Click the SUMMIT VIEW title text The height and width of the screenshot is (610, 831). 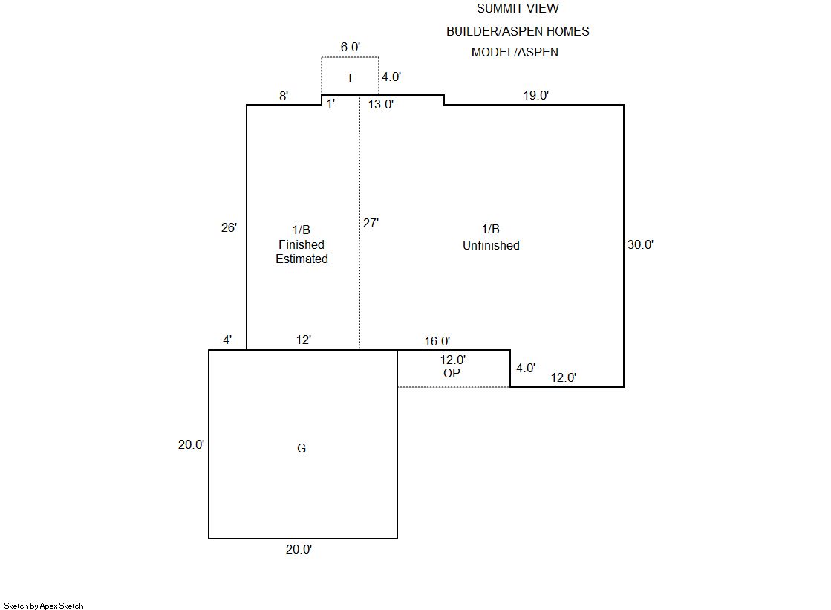click(x=518, y=9)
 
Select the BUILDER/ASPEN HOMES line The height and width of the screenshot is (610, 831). click(x=518, y=31)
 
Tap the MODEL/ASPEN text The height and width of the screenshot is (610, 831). click(x=515, y=53)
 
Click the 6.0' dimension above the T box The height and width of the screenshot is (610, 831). click(x=351, y=48)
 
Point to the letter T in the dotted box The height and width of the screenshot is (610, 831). click(x=350, y=78)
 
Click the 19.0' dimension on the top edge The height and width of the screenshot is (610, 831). click(x=535, y=95)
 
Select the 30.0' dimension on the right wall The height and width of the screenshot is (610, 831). click(x=640, y=244)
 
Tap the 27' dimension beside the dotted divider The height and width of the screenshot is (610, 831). click(x=371, y=223)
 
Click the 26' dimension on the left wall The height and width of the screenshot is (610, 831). click(x=229, y=228)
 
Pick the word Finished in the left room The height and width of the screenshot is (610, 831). click(x=302, y=244)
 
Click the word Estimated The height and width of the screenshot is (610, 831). click(x=302, y=259)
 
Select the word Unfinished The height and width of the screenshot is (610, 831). click(x=491, y=245)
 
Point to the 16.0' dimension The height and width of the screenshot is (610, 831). click(x=437, y=342)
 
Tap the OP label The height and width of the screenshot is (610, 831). click(x=452, y=374)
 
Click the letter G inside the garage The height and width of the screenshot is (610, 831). click(x=302, y=449)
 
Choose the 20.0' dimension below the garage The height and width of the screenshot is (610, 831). click(x=299, y=550)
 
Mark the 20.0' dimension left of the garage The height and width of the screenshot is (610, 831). click(x=191, y=444)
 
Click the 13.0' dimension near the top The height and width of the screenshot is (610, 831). click(x=381, y=105)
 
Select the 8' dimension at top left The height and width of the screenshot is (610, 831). click(x=284, y=96)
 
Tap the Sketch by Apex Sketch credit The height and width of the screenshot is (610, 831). click(x=44, y=606)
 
